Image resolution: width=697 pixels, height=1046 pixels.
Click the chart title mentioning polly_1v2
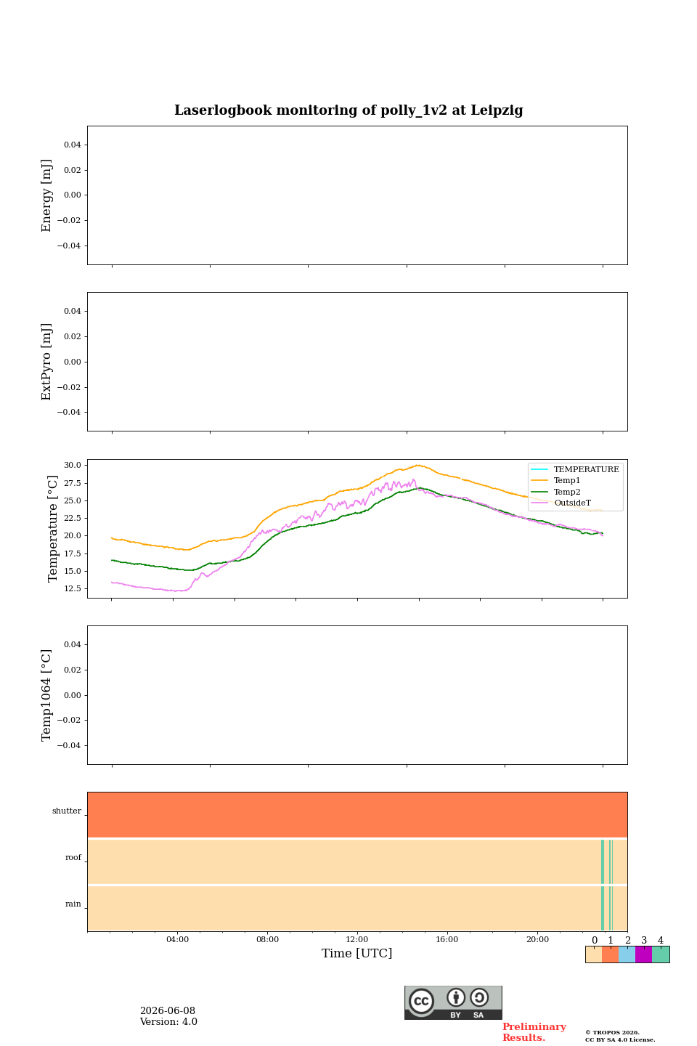(348, 110)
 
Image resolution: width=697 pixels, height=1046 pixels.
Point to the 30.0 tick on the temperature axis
(73, 465)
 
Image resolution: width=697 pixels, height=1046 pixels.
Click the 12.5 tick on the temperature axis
(73, 588)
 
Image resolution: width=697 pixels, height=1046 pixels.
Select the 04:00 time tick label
(177, 939)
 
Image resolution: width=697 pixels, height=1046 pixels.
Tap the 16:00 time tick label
(447, 939)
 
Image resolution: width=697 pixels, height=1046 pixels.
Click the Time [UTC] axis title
(356, 953)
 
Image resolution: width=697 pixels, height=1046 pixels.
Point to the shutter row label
(67, 811)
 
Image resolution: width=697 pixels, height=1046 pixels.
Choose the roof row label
(73, 857)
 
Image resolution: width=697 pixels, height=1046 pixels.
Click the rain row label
(73, 904)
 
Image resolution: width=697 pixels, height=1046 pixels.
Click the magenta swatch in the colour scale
(643, 954)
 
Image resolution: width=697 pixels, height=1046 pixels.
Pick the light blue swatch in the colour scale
(627, 954)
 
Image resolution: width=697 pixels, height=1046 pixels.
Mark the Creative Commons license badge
(453, 1002)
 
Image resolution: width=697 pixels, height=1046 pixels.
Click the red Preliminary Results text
(534, 1032)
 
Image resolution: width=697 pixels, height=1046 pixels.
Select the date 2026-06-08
(168, 1011)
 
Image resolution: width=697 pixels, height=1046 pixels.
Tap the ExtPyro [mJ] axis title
(46, 362)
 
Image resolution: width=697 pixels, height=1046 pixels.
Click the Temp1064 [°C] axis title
(46, 695)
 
